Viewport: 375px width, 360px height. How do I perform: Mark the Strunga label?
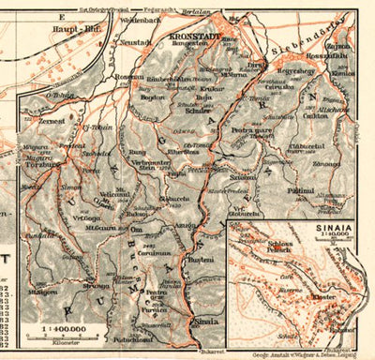pos(97,285)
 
